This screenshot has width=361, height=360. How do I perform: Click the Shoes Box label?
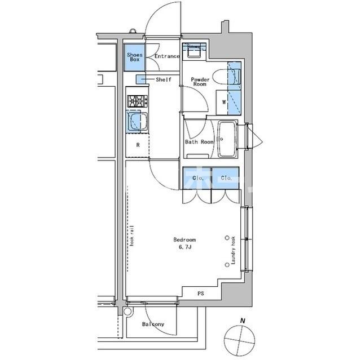pyautogui.click(x=134, y=56)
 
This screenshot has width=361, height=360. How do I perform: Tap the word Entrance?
pyautogui.click(x=167, y=56)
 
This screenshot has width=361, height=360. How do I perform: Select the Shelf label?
pyautogui.click(x=164, y=80)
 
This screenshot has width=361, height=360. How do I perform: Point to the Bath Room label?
pyautogui.click(x=199, y=142)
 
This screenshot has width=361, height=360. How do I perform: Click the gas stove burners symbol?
pyautogui.click(x=137, y=101)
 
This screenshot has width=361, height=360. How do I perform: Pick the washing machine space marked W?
pyautogui.click(x=224, y=102)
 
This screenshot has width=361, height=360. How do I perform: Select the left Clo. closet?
pyautogui.click(x=197, y=178)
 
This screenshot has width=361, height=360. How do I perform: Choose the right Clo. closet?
pyautogui.click(x=226, y=178)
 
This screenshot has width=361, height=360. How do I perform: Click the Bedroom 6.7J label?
pyautogui.click(x=185, y=243)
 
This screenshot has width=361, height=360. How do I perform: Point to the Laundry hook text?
pyautogui.click(x=232, y=251)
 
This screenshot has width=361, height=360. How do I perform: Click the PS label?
pyautogui.click(x=201, y=294)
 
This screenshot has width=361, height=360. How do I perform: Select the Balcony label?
pyautogui.click(x=153, y=325)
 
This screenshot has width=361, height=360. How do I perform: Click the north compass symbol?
pyautogui.click(x=236, y=340)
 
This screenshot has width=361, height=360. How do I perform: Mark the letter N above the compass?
pyautogui.click(x=243, y=321)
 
